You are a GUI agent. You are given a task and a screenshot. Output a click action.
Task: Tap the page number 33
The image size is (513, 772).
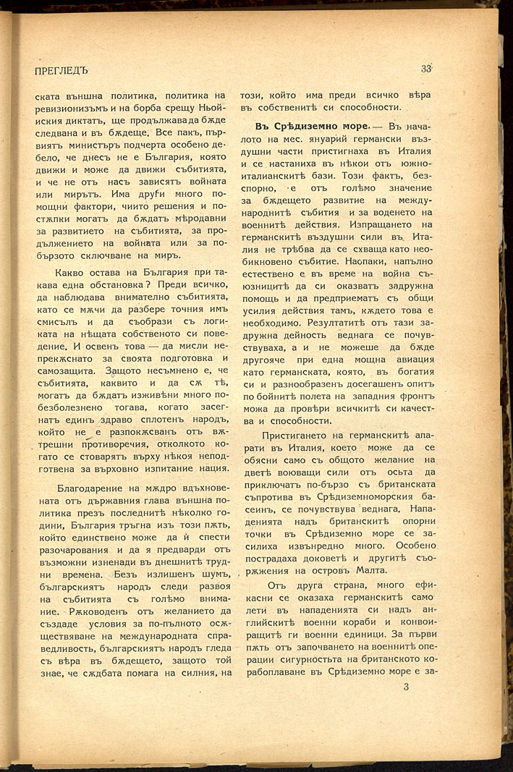[426, 69]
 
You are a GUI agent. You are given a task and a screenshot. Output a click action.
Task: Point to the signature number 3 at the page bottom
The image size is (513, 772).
[406, 687]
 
